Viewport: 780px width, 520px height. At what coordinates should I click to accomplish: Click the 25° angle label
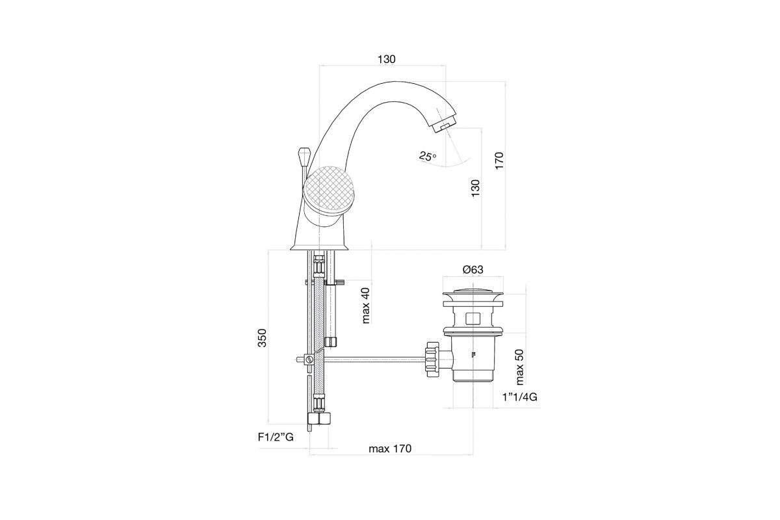click(x=428, y=157)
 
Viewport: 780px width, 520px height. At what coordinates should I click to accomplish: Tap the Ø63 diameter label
click(x=473, y=270)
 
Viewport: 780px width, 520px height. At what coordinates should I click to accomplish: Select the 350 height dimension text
click(x=262, y=337)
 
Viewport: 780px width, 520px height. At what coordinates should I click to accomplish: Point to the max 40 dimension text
click(x=365, y=305)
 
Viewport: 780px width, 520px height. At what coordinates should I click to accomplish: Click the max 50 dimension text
click(x=519, y=367)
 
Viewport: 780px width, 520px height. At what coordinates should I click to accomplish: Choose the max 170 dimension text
click(x=390, y=448)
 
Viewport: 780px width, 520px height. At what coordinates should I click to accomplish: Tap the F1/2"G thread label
click(x=276, y=437)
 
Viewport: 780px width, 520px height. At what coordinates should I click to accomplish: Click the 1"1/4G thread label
click(x=520, y=396)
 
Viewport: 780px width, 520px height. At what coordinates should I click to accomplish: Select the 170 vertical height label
click(x=499, y=161)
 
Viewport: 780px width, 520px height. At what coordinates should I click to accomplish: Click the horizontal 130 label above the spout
click(x=387, y=59)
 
